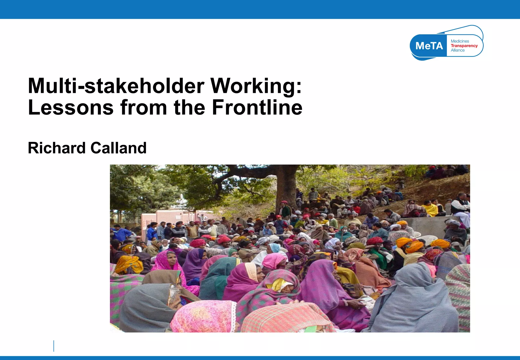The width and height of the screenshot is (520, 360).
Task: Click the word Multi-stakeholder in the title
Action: click(x=116, y=86)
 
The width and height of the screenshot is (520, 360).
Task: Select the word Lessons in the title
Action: click(x=71, y=107)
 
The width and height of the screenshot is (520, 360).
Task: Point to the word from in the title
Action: click(x=144, y=107)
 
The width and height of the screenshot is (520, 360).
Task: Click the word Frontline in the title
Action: click(x=257, y=107)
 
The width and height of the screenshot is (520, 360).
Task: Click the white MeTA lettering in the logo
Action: click(x=429, y=46)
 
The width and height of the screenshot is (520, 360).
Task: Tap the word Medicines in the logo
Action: click(x=460, y=41)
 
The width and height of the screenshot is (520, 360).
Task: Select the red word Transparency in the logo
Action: click(x=464, y=46)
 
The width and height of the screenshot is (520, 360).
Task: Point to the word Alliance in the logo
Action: click(x=458, y=50)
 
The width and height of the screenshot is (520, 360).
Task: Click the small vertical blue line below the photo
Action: click(x=54, y=346)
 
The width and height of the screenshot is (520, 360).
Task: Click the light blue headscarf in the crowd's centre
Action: click(x=274, y=248)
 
